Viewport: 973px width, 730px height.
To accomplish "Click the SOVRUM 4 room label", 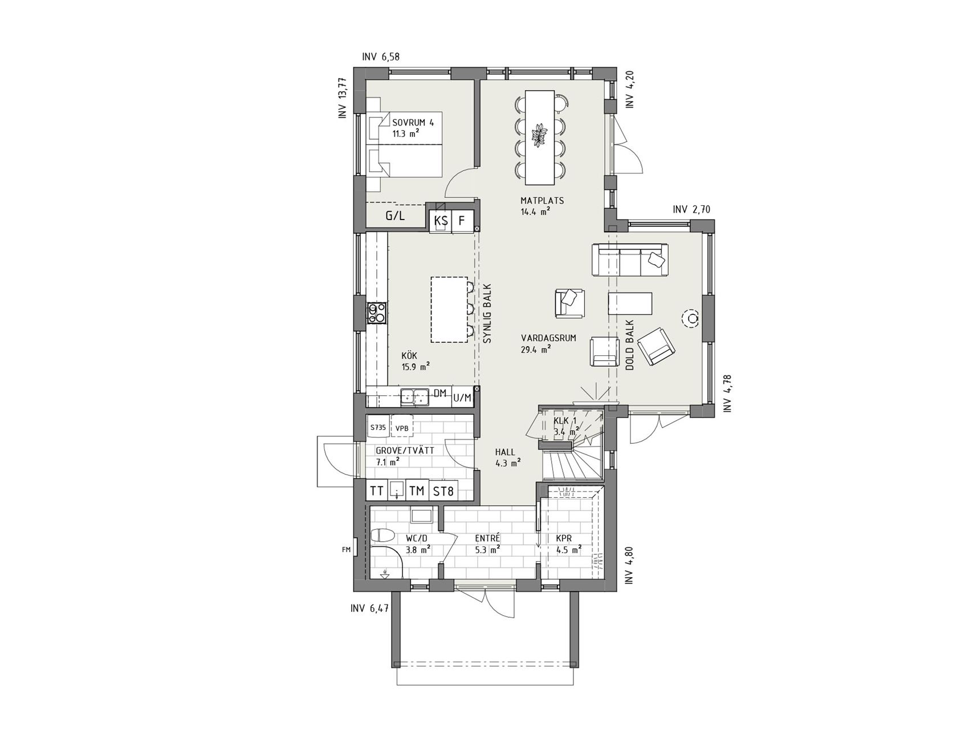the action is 409,122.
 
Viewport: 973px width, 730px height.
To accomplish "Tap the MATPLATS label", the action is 542,201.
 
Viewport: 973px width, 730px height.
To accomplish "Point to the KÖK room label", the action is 409,356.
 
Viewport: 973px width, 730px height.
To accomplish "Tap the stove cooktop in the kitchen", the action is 376,314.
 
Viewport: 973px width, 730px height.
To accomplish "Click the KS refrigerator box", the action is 441,221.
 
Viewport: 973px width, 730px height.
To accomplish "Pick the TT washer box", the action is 376,490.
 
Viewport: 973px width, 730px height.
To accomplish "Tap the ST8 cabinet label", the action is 443,490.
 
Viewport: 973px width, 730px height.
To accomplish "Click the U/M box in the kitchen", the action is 462,398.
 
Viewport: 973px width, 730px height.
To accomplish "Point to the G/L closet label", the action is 394,216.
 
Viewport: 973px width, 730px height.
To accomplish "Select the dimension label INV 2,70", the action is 691,210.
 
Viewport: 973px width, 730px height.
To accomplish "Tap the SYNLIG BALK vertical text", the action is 487,314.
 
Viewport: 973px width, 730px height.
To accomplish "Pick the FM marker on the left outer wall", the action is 346,550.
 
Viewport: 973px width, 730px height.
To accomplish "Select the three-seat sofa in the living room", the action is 630,260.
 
